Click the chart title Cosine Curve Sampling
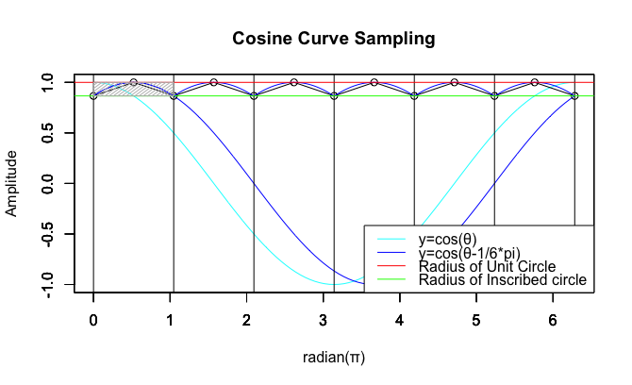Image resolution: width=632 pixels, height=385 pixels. [335, 40]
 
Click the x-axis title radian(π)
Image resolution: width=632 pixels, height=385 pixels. [335, 358]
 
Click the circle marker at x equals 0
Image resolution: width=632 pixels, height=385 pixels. [93, 96]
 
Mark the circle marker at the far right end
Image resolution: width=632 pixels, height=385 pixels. [574, 96]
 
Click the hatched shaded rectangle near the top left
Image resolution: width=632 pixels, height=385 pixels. [133, 89]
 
